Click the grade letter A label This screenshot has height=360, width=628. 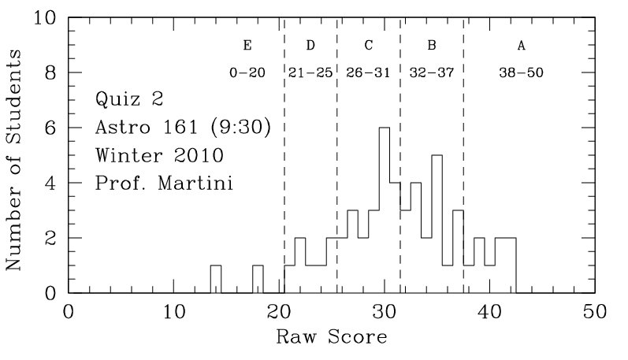pos(521,45)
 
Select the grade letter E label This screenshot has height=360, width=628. pos(247,45)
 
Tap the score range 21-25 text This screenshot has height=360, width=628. pos(310,72)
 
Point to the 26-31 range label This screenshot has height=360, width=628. pos(368,72)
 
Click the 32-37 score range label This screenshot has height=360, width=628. pos(432,72)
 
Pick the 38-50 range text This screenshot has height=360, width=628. pos(521,72)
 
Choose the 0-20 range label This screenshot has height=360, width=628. pos(247,72)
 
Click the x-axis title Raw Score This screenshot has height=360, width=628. pos(331,339)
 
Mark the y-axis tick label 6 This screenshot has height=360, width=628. pos(52,128)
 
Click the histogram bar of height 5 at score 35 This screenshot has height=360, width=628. pos(437,224)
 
